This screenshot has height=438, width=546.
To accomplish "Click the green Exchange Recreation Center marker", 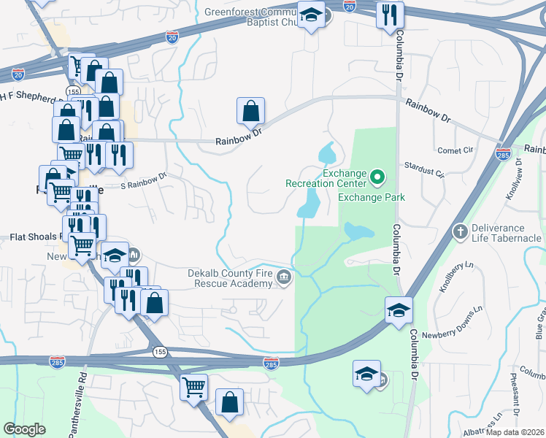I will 377,177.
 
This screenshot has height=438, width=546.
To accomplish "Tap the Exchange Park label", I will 371,197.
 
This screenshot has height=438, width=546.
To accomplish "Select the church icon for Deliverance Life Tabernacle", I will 460,232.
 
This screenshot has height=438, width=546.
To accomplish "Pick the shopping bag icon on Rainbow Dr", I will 250,112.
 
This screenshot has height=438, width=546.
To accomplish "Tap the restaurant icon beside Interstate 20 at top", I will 390,15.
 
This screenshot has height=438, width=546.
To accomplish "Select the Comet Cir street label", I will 457,150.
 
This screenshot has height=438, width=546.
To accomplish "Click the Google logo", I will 25,429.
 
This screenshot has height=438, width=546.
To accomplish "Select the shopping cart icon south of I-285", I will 194,388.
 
